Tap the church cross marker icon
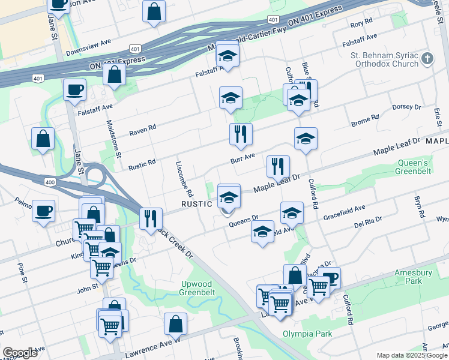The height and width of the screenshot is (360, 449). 427,58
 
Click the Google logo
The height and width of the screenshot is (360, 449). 20,353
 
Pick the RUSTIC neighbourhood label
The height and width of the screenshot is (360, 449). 197,204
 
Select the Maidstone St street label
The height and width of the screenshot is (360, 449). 114,138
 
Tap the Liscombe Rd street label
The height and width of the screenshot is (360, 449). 184,179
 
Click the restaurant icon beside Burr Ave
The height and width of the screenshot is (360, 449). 241,134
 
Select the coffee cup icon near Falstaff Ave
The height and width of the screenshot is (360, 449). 74,90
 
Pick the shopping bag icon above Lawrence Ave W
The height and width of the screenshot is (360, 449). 175,325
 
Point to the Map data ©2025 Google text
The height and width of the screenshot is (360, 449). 411,355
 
